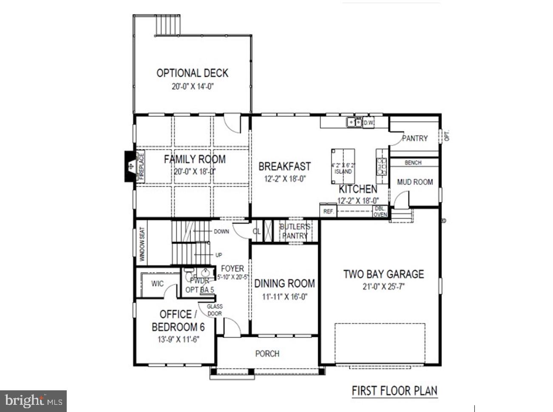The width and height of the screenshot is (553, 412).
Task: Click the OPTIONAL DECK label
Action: [x=192, y=73]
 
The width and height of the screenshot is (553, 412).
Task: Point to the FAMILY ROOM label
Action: [x=195, y=159]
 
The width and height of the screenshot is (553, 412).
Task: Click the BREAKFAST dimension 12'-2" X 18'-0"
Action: [x=285, y=179]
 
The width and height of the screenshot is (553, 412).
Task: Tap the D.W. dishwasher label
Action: [x=369, y=123]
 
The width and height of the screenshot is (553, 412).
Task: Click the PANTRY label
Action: [x=415, y=138]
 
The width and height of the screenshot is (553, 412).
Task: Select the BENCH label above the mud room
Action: [x=413, y=162]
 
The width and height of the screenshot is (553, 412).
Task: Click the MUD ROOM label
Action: [x=415, y=182]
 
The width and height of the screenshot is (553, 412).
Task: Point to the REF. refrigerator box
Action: [x=329, y=211]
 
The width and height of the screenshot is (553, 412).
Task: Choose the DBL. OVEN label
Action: [x=380, y=212]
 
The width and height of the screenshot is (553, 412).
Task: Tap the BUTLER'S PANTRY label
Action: [x=295, y=231]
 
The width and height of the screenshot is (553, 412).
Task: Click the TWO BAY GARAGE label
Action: [x=383, y=274]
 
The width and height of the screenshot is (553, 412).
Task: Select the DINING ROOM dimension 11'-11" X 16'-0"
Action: [x=284, y=297]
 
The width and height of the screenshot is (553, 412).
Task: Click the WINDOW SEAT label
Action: [x=142, y=244]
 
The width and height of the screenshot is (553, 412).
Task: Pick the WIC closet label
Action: [x=157, y=284]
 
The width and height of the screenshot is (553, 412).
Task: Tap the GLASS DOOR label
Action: [x=215, y=310]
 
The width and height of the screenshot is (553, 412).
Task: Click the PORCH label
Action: [x=267, y=353]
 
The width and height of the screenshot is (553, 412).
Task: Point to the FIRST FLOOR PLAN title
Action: [x=394, y=391]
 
